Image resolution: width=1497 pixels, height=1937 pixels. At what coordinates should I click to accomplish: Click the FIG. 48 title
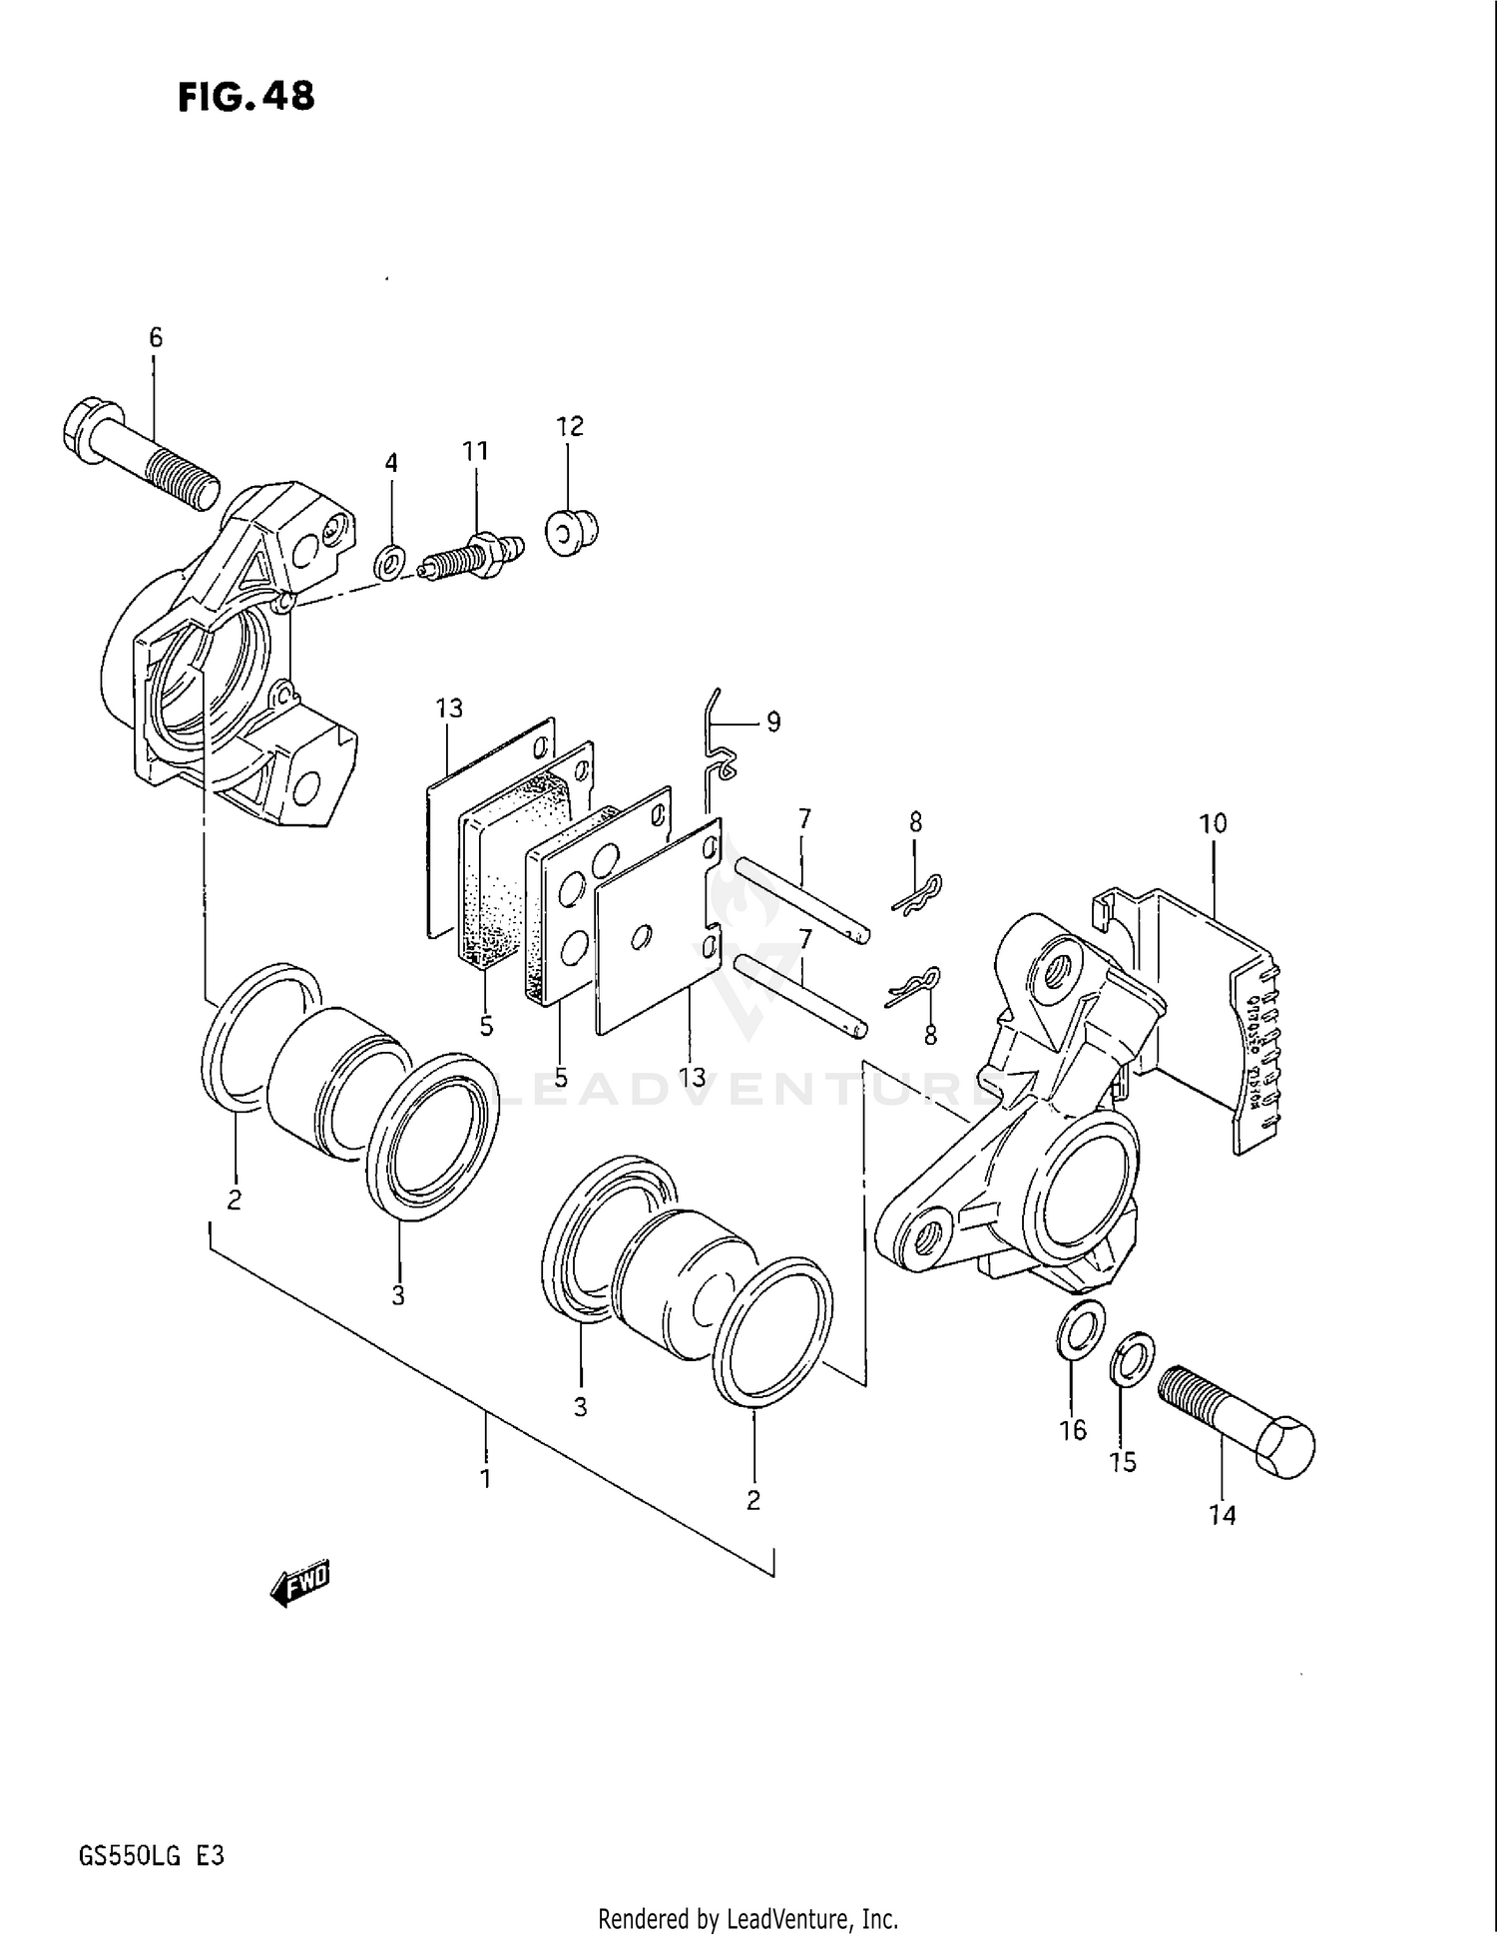pyautogui.click(x=247, y=97)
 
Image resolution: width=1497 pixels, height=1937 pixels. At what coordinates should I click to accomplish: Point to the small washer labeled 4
pyautogui.click(x=391, y=562)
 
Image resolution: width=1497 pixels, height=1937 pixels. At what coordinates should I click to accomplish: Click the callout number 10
pyautogui.click(x=1214, y=824)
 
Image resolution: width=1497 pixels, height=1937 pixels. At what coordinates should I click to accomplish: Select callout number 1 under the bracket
pyautogui.click(x=486, y=1478)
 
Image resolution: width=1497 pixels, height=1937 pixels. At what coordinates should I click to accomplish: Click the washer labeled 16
pyautogui.click(x=1080, y=1329)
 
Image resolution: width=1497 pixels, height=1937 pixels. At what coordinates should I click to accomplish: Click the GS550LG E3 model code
pyautogui.click(x=151, y=1856)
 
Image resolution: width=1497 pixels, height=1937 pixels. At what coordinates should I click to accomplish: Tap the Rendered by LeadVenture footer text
pyautogui.click(x=748, y=1918)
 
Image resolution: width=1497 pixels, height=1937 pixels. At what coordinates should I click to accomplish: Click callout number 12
pyautogui.click(x=569, y=426)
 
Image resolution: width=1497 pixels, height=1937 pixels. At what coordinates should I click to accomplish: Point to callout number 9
pyautogui.click(x=773, y=722)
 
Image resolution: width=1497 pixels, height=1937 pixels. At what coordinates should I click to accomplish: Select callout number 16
pyautogui.click(x=1073, y=1430)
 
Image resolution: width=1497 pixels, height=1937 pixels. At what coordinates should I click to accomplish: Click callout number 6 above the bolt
pyautogui.click(x=155, y=337)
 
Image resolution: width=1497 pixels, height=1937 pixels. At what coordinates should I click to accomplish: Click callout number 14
pyautogui.click(x=1223, y=1515)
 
